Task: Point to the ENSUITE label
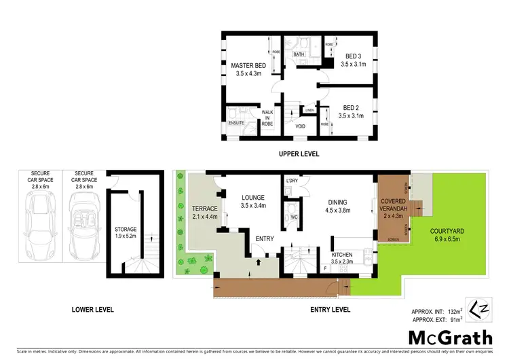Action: pos(236,123)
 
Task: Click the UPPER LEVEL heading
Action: pos(299,154)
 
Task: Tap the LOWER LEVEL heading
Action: pos(92,310)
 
